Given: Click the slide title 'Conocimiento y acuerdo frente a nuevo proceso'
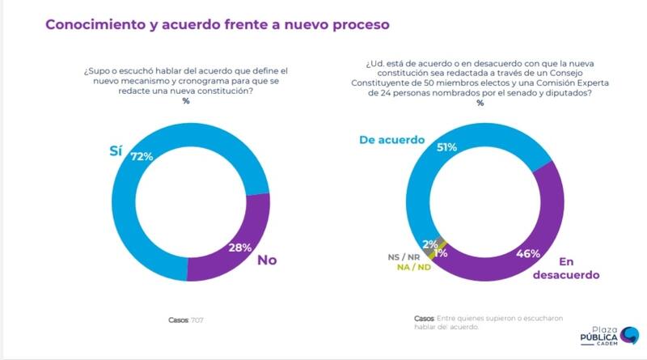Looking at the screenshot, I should (218, 24).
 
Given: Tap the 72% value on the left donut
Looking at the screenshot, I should (142, 156).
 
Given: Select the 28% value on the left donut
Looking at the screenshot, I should (239, 247).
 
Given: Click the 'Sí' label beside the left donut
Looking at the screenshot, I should (116, 151).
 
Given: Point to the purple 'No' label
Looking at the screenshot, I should (269, 260).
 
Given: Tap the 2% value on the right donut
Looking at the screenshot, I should (431, 244).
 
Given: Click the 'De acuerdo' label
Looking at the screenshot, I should (391, 140).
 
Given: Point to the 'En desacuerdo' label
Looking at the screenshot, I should (566, 269).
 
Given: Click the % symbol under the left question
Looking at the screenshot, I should (186, 101).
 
